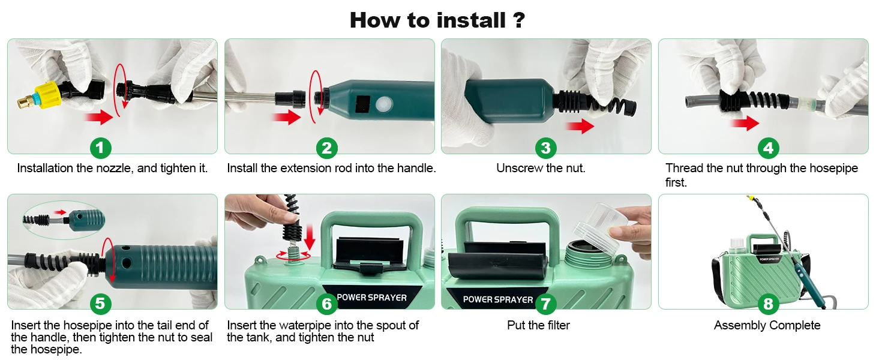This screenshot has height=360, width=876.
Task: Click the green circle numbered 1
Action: [101, 148]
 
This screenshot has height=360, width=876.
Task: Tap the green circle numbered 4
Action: [769, 148]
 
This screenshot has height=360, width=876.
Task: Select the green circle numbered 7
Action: [545, 304]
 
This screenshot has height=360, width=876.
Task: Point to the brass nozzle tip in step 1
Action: [25, 101]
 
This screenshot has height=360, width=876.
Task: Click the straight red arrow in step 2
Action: [287, 116]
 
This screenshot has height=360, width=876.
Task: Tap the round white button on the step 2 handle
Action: [385, 104]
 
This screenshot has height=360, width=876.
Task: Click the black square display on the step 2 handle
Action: [362, 104]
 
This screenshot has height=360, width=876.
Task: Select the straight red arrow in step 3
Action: [581, 126]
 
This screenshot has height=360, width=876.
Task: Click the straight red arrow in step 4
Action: [745, 123]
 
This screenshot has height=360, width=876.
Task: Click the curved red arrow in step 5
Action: [109, 260]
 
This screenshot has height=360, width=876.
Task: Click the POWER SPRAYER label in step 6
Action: [371, 298]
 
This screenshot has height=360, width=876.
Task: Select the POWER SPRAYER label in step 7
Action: [498, 299]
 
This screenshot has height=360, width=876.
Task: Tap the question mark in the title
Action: [519, 20]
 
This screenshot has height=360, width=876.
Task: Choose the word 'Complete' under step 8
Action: [794, 326]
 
